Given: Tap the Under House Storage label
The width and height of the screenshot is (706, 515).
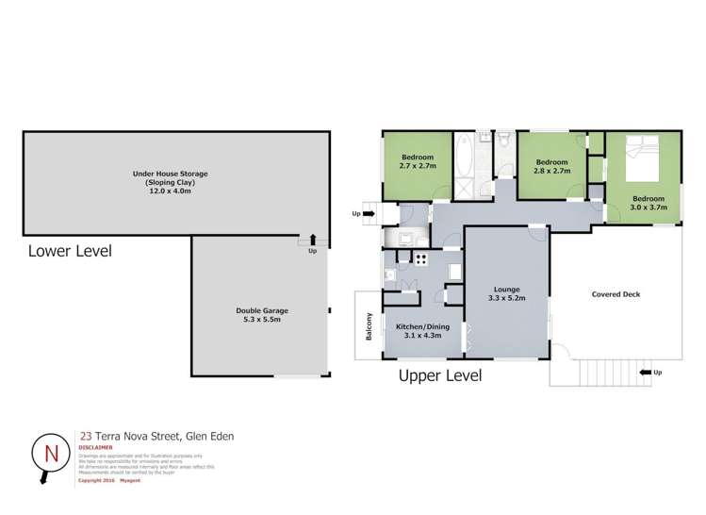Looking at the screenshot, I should coord(170,174).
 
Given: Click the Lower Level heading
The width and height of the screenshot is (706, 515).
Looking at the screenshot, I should coord(71,251).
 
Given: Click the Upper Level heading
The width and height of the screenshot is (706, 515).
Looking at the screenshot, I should coord(441,375).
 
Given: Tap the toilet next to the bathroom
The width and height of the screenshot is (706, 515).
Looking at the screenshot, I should coord(504,142).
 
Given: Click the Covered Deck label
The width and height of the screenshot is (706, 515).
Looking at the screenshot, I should coord(616,294).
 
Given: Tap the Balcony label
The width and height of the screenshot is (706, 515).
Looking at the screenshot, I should coord(370,325).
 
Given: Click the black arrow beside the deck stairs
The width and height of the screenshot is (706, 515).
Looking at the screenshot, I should coord(646,374).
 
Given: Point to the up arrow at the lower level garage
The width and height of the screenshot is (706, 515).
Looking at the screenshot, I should coord(312,241).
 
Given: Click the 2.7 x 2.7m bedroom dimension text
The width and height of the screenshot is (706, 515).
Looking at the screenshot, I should coord(418,166).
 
